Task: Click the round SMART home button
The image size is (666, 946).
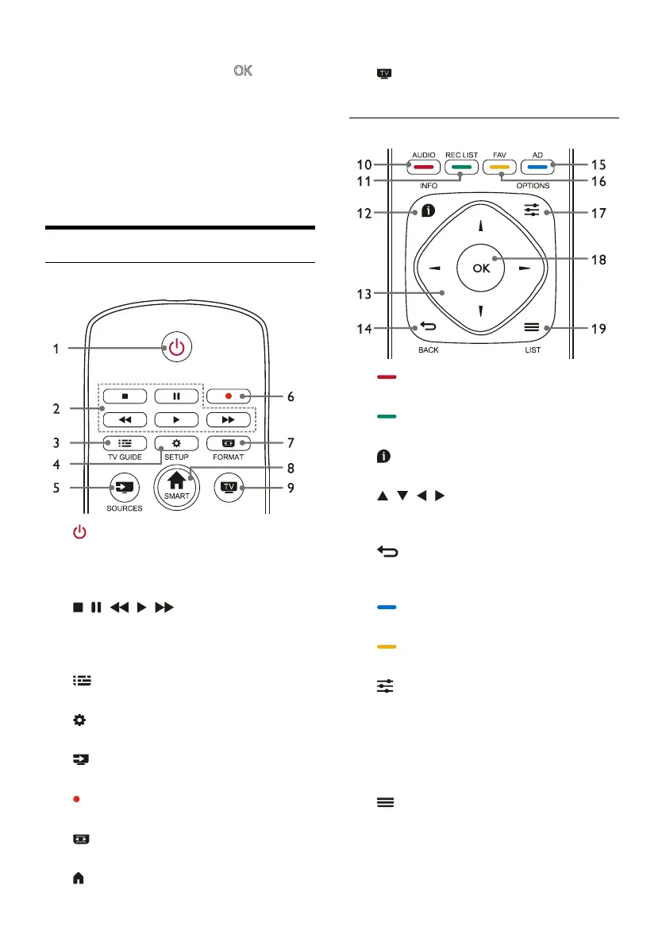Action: [x=175, y=481]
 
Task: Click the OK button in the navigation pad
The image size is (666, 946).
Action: [x=481, y=268]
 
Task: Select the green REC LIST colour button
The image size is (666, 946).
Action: [x=460, y=168]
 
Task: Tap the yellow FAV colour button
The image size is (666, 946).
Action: [x=498, y=168]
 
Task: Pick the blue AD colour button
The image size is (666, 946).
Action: [x=536, y=168]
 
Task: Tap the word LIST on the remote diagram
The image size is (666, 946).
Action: [x=533, y=349]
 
